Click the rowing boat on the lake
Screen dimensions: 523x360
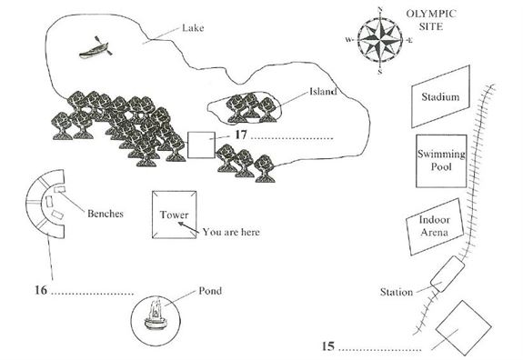coord(96,48)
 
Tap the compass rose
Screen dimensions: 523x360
coord(379,40)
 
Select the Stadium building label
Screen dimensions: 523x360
coord(440,97)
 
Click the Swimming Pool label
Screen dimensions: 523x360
coord(441,160)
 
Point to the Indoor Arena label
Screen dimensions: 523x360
coord(434,225)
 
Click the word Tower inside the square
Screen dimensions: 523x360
coord(174,215)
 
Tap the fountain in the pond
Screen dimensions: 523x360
coord(155,315)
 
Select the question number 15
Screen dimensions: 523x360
coord(328,346)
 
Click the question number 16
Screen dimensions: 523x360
coord(41,290)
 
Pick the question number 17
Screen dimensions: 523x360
coord(241,135)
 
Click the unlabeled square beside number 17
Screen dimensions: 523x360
coord(201,145)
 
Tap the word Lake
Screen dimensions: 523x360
coord(193,27)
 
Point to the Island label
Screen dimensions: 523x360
coord(323,91)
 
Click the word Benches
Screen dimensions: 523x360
coord(106,214)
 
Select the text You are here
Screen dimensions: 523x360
coord(231,232)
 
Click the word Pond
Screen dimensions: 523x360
coord(210,291)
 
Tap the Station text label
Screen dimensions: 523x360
coord(397,293)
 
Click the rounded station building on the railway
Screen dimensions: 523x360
coord(448,274)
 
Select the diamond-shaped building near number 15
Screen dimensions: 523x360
coord(463,328)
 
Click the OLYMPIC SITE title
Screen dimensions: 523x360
coord(431,20)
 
